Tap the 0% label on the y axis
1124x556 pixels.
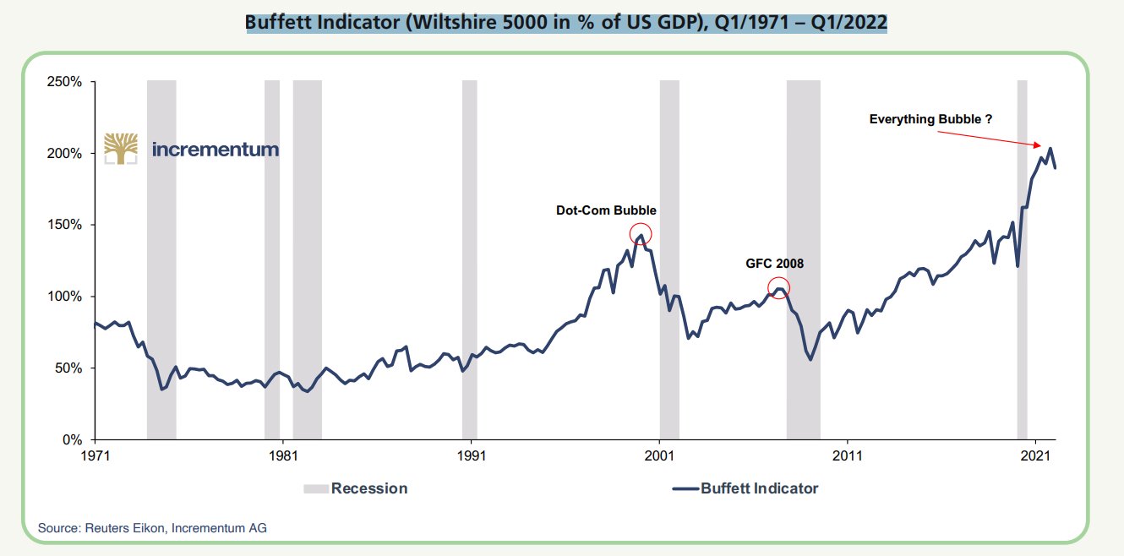pos(71,440)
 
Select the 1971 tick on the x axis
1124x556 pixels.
pos(95,455)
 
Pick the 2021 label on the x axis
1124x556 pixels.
pos(1035,455)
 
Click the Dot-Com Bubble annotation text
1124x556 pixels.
pos(606,210)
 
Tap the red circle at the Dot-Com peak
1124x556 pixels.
pos(641,234)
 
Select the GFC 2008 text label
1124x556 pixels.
pos(774,264)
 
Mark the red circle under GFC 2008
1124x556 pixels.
pos(778,288)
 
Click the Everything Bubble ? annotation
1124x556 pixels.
pos(930,120)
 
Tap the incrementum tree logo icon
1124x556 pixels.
pos(121,148)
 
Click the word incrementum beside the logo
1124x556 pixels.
pos(216,150)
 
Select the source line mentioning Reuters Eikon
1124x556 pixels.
pos(152,528)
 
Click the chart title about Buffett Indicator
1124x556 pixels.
pos(566,22)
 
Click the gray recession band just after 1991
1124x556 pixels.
pos(469,253)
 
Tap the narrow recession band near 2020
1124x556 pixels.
pos(1022,253)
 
